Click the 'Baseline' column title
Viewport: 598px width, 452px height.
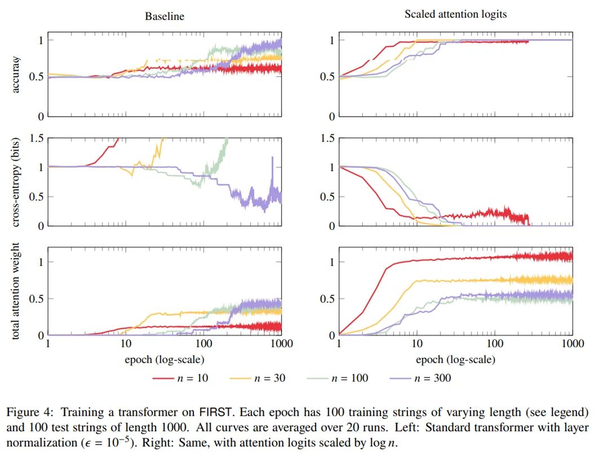click(165, 16)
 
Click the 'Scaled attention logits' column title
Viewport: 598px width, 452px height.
click(455, 15)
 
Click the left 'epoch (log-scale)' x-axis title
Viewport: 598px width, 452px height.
click(165, 359)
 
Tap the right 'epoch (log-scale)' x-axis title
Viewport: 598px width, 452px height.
click(455, 359)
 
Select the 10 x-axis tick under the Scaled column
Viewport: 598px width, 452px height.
click(417, 344)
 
